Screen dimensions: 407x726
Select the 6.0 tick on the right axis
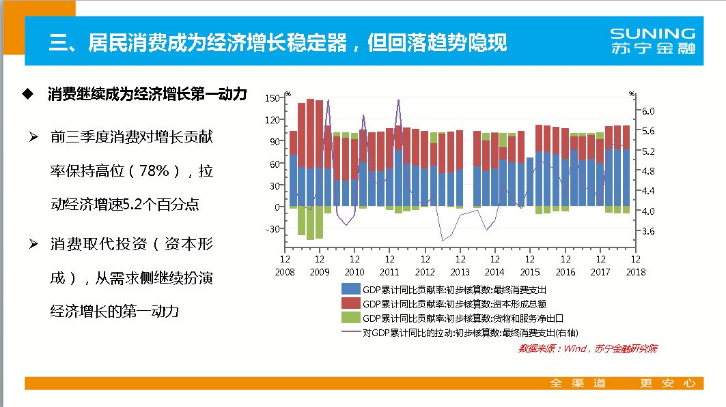pos(648,110)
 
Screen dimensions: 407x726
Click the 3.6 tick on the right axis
pos(648,231)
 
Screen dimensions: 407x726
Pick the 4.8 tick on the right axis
pos(648,171)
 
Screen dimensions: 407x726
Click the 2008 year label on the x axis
pos(285,271)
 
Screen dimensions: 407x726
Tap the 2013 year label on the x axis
pos(460,271)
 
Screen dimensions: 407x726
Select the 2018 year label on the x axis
pos(634,271)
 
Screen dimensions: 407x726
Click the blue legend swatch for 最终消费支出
pos(351,289)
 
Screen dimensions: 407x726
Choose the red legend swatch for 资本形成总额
pos(351,303)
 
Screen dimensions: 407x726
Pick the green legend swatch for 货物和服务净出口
pos(351,318)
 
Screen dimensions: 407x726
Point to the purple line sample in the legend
pos(351,333)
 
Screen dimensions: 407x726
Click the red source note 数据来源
pos(587,348)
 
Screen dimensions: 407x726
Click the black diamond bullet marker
pos(27,93)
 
